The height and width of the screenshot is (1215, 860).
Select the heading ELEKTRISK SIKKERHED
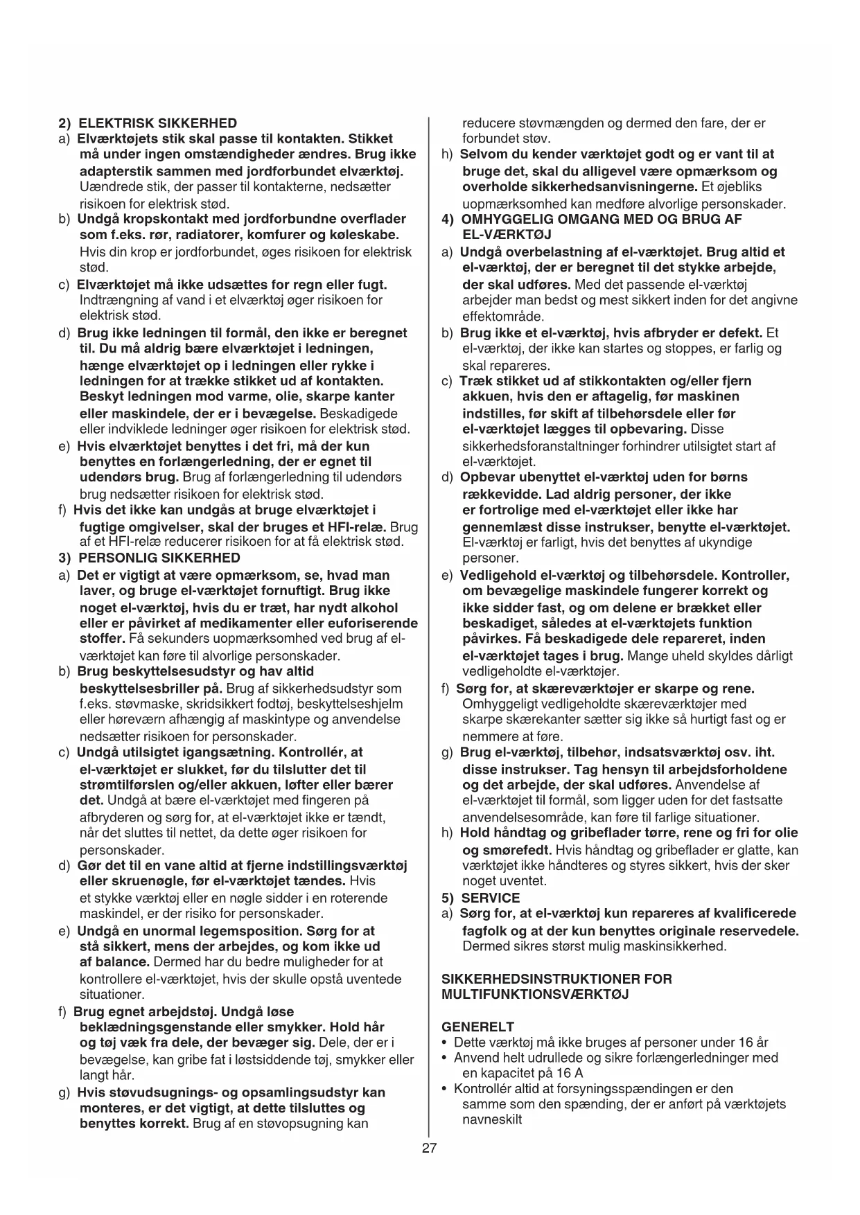(x=157, y=123)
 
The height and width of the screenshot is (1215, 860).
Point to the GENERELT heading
(x=477, y=1027)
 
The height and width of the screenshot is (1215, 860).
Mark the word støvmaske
(x=145, y=704)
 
